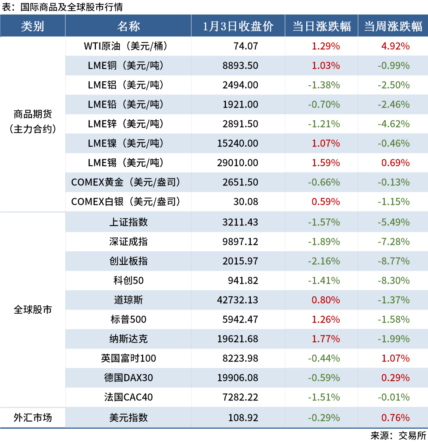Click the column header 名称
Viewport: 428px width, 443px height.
[x=128, y=26]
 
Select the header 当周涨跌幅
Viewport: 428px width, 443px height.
[x=393, y=26]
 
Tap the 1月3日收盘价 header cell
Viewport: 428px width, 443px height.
[x=238, y=26]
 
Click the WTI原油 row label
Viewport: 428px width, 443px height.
[x=126, y=46]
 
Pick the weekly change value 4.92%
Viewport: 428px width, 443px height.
[x=395, y=46]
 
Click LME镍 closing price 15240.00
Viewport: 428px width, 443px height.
[x=237, y=143]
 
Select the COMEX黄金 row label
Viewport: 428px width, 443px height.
[x=126, y=182]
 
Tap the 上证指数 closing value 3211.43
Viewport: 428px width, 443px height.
[x=240, y=222]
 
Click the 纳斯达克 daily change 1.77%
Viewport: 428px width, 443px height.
[x=326, y=339]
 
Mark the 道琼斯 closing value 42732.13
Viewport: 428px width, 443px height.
[x=237, y=300]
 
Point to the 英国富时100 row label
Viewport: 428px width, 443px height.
[x=128, y=358]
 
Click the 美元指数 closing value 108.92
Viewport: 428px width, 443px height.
[x=243, y=418]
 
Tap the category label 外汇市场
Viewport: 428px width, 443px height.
[x=32, y=418]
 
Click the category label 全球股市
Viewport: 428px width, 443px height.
[x=32, y=310]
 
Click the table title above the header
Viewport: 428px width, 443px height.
[x=62, y=7]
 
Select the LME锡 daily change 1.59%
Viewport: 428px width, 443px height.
[x=326, y=163]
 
